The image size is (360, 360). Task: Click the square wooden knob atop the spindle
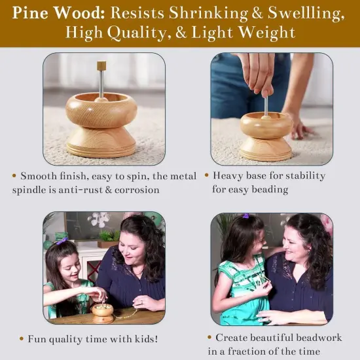pos(101,65)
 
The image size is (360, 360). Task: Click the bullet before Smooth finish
pos(14,176)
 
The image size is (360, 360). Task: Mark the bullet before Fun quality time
pos(22,340)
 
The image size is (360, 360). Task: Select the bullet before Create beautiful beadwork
pos(209,337)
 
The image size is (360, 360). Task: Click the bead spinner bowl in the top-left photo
pos(101,109)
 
